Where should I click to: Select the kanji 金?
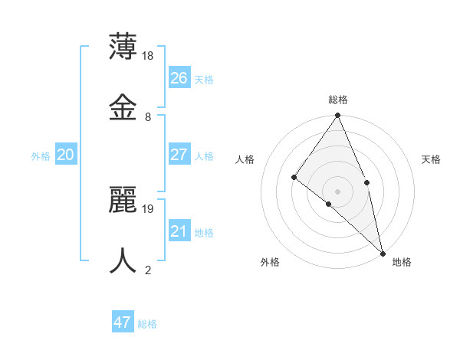tap(123, 106)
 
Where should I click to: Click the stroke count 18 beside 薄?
tap(149, 56)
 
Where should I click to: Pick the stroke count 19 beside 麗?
tap(149, 208)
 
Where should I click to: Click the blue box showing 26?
tap(179, 77)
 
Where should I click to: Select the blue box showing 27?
tap(179, 155)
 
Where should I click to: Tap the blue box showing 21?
tap(179, 231)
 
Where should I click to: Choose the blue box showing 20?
tap(66, 155)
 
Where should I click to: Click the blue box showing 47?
tap(123, 322)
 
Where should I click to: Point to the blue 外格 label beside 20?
tap(41, 156)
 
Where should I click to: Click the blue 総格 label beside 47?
tap(147, 324)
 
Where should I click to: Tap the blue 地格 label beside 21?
tap(204, 233)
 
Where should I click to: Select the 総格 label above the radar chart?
tap(337, 100)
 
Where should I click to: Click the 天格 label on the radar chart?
tap(431, 159)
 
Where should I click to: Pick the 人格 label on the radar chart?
tap(245, 159)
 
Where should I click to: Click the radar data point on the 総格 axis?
tap(337, 116)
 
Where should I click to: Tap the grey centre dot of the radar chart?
tap(337, 191)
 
